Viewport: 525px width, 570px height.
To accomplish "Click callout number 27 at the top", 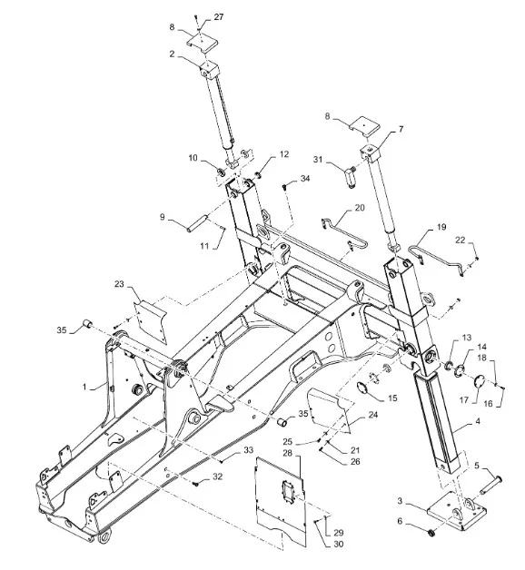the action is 218,17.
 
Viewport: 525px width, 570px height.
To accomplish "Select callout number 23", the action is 119,284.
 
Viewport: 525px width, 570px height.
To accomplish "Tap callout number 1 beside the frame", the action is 84,387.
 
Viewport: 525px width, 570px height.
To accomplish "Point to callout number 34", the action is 305,178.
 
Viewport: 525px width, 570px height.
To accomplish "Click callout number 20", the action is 360,208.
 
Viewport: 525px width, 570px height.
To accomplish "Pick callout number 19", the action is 441,227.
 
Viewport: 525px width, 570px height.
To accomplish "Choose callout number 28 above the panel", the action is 287,453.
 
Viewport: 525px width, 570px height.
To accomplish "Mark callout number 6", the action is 400,521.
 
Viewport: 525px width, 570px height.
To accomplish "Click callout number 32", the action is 217,477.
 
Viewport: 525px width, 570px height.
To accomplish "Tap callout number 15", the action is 392,398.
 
